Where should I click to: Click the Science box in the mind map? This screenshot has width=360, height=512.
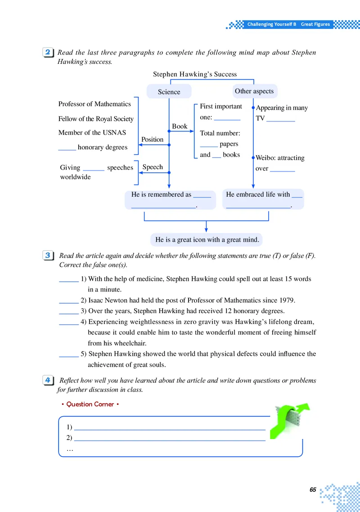[x=169, y=92]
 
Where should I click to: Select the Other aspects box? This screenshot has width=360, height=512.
[x=254, y=91]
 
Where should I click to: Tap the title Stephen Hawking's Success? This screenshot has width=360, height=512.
[x=194, y=74]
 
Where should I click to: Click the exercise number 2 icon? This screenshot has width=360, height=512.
[x=49, y=53]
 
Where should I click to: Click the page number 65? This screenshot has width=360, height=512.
[x=313, y=490]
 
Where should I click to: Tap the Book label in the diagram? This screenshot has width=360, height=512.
[x=180, y=126]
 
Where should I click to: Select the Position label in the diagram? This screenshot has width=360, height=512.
[x=152, y=139]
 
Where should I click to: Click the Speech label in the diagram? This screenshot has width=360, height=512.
[x=153, y=167]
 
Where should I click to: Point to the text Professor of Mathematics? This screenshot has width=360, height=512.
[x=94, y=104]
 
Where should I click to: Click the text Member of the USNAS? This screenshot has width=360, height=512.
[x=92, y=133]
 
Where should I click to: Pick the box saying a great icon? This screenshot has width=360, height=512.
[x=207, y=240]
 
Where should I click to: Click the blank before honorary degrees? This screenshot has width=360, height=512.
[x=67, y=148]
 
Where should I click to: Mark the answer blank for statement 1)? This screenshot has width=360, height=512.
[x=69, y=279]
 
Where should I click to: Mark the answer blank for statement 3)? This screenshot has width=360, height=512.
[x=69, y=311]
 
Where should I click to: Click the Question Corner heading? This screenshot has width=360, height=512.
[x=90, y=404]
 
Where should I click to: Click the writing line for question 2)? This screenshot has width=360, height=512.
[x=169, y=438]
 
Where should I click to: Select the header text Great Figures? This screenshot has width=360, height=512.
[x=315, y=24]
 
